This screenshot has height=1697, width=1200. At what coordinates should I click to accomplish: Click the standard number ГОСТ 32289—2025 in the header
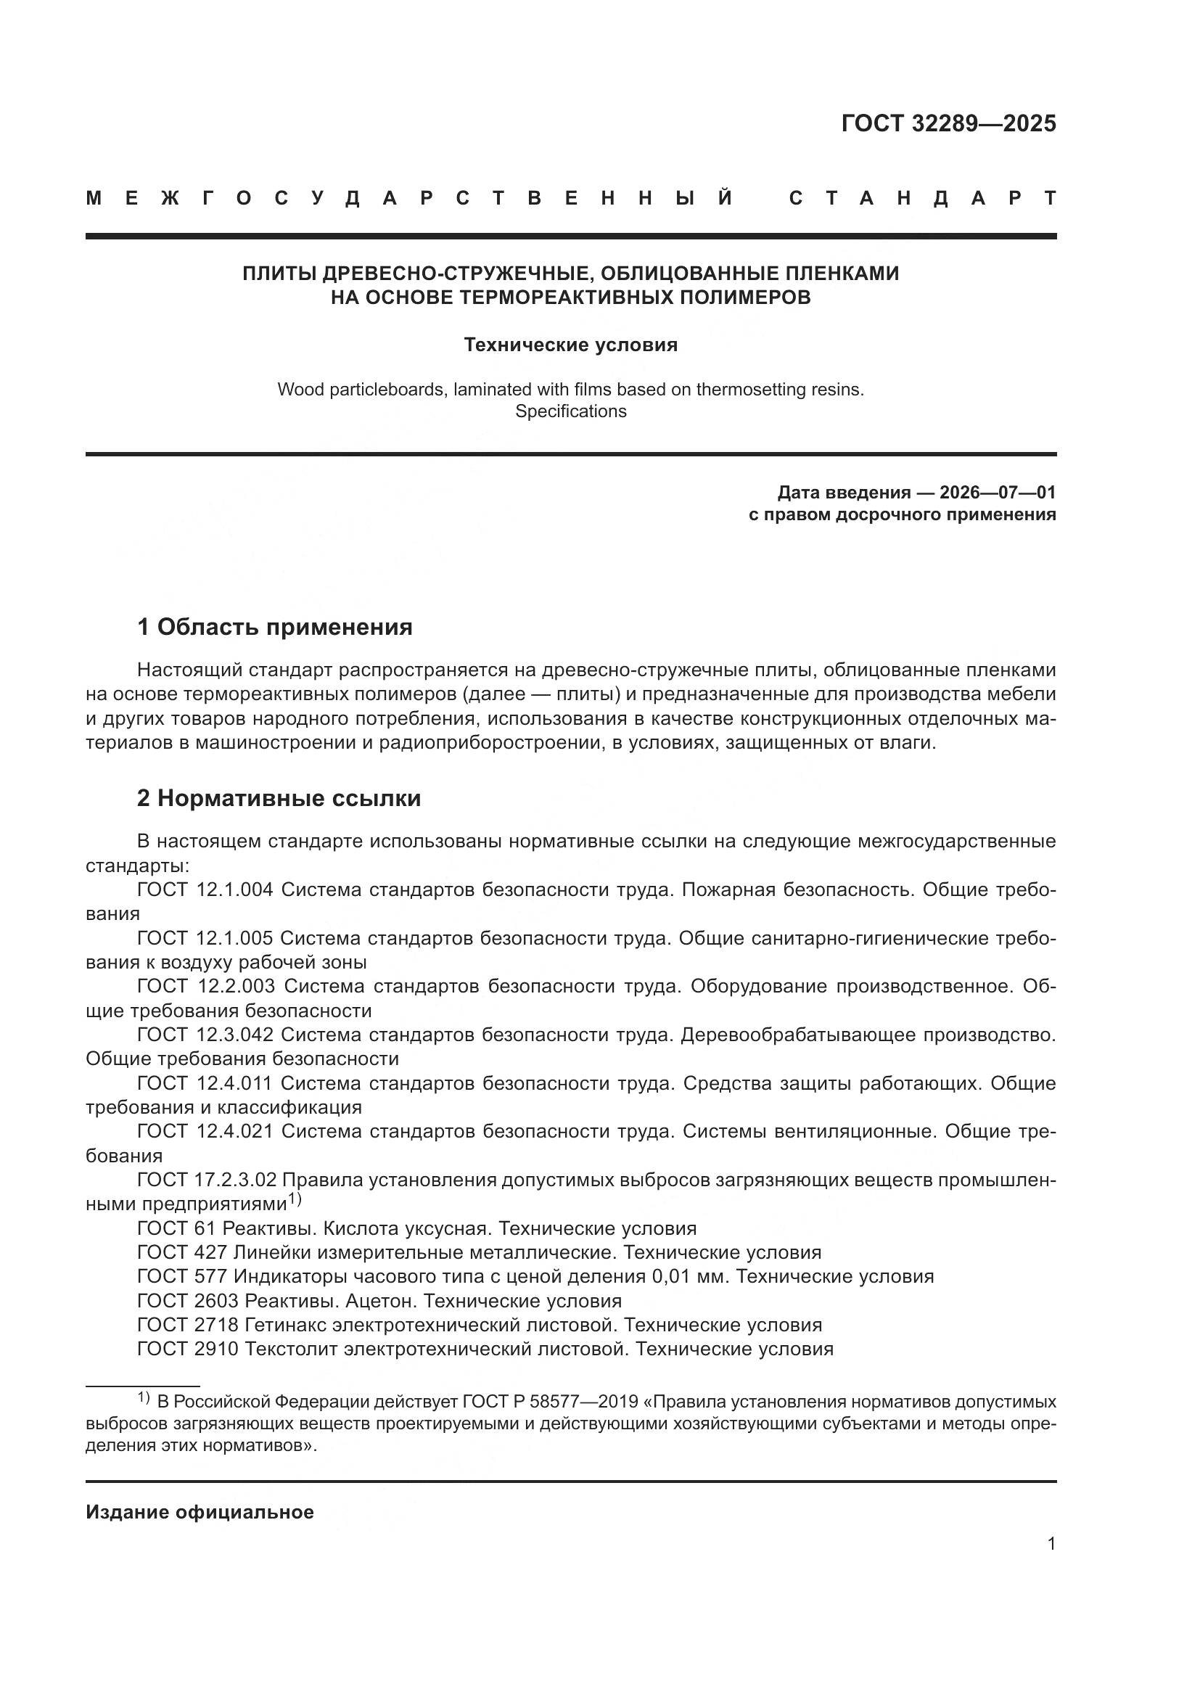(x=948, y=123)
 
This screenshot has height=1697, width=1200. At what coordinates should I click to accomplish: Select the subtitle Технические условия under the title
(x=570, y=345)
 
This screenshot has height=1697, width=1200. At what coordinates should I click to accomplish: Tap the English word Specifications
(x=570, y=411)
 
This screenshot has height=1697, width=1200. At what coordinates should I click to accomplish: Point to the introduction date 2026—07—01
(x=998, y=493)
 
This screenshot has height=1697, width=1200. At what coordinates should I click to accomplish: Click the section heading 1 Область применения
(x=275, y=628)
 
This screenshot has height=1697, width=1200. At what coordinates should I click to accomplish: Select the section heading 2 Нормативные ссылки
(x=279, y=799)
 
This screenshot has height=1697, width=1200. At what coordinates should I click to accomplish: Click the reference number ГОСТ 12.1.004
(x=205, y=890)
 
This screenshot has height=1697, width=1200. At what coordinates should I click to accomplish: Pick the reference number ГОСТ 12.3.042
(x=205, y=1035)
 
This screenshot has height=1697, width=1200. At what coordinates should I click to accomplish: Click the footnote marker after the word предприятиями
(x=295, y=1199)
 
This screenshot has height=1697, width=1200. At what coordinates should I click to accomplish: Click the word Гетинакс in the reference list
(x=285, y=1326)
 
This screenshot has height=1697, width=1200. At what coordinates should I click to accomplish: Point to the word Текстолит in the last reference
(x=291, y=1349)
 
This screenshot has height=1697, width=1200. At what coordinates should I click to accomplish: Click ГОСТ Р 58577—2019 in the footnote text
(x=551, y=1402)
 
